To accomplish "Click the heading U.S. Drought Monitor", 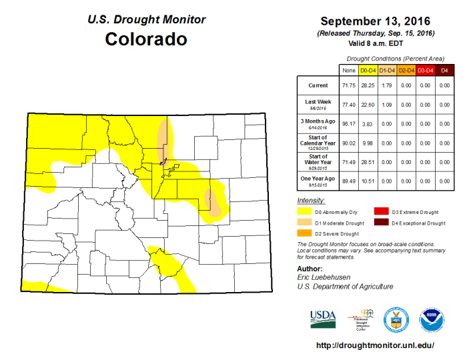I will pyautogui.click(x=146, y=19).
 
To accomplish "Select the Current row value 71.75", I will pyautogui.click(x=348, y=86).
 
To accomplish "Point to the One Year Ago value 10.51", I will pyautogui.click(x=368, y=181).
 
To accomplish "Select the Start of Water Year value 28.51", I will pyautogui.click(x=368, y=162).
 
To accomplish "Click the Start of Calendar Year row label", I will pyautogui.click(x=317, y=143).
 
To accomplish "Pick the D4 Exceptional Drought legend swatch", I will pyautogui.click(x=380, y=223).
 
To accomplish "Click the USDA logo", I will pyautogui.click(x=323, y=318).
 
